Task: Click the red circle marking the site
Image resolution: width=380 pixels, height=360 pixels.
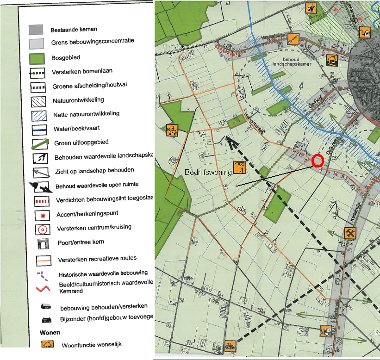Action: [x=317, y=160]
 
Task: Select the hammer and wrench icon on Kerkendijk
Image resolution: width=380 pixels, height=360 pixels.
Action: [x=350, y=233]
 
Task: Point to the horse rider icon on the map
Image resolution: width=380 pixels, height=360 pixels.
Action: [x=172, y=130]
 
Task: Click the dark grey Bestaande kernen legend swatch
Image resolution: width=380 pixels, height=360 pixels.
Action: [x=36, y=30]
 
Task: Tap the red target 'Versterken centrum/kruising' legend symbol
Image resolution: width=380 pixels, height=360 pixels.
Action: [x=42, y=229]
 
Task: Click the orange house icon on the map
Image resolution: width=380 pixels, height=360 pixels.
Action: [x=331, y=60]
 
